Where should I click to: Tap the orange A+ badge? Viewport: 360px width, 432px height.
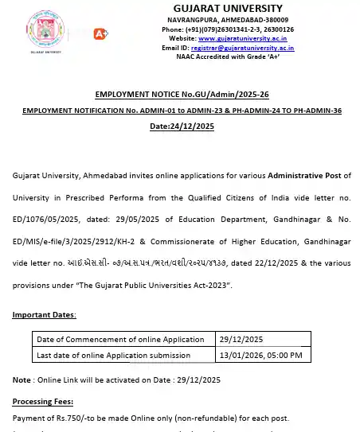(x=101, y=33)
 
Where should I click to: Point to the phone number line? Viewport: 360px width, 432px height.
(x=228, y=29)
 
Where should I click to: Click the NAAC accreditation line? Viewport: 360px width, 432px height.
(x=227, y=57)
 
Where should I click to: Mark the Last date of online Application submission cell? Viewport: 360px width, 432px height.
(x=114, y=356)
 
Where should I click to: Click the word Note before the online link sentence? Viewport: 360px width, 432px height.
(x=22, y=379)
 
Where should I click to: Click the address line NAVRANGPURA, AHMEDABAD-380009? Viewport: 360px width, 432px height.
(x=228, y=19)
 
